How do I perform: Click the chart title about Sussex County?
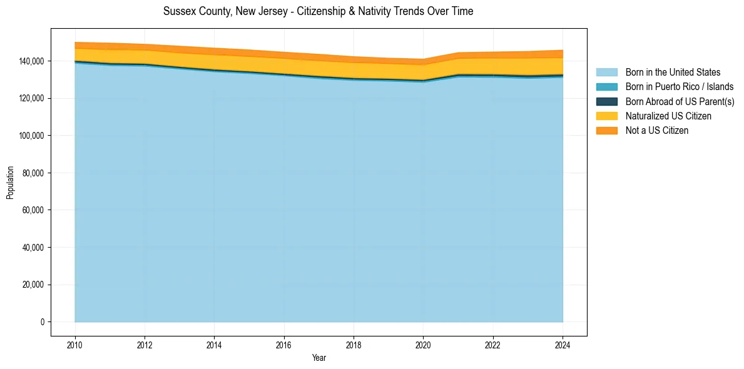[x=318, y=11]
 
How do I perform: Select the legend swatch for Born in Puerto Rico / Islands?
[x=606, y=87]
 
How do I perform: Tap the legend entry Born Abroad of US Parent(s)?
[x=680, y=101]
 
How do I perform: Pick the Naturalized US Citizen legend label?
[x=668, y=116]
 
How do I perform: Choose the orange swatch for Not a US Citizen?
[x=606, y=130]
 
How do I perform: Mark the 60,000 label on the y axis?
[x=33, y=210]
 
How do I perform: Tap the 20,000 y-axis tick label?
[x=33, y=285]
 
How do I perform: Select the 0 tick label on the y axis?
[x=43, y=322]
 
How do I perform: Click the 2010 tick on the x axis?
[x=75, y=345]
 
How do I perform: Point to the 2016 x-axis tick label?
[x=284, y=345]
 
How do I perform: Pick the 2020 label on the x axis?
[x=423, y=345]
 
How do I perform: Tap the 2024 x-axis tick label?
[x=563, y=345]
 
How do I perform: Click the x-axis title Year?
[x=318, y=358]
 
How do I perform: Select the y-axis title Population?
[x=10, y=183]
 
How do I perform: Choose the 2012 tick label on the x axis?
[x=145, y=345]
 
